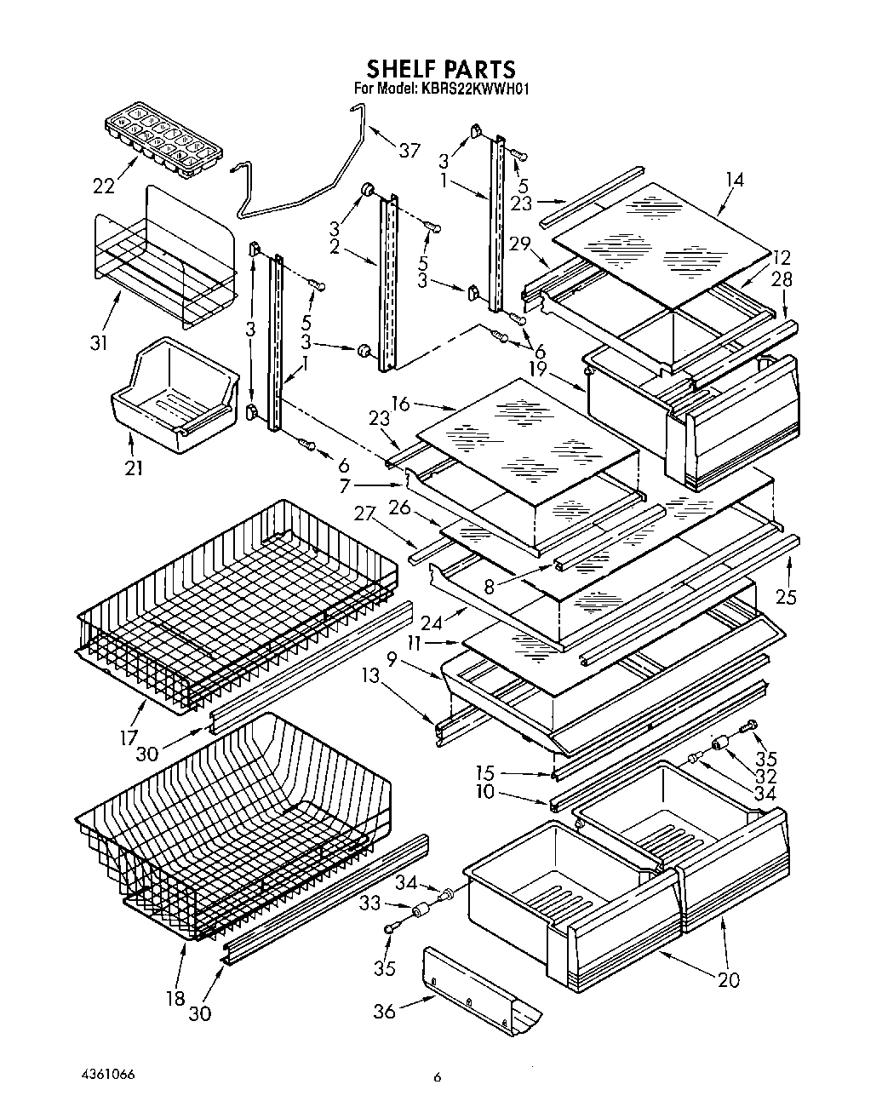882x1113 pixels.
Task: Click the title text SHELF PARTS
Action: click(x=440, y=68)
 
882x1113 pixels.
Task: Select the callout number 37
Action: click(x=409, y=150)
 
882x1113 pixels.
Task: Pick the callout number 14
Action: click(x=734, y=180)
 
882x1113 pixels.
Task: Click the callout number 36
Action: click(x=385, y=1011)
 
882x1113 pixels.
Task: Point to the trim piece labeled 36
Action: click(x=481, y=988)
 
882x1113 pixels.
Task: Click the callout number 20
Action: click(x=728, y=979)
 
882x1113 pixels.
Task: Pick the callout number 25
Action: click(x=786, y=596)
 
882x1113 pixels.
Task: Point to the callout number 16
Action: click(x=401, y=403)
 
